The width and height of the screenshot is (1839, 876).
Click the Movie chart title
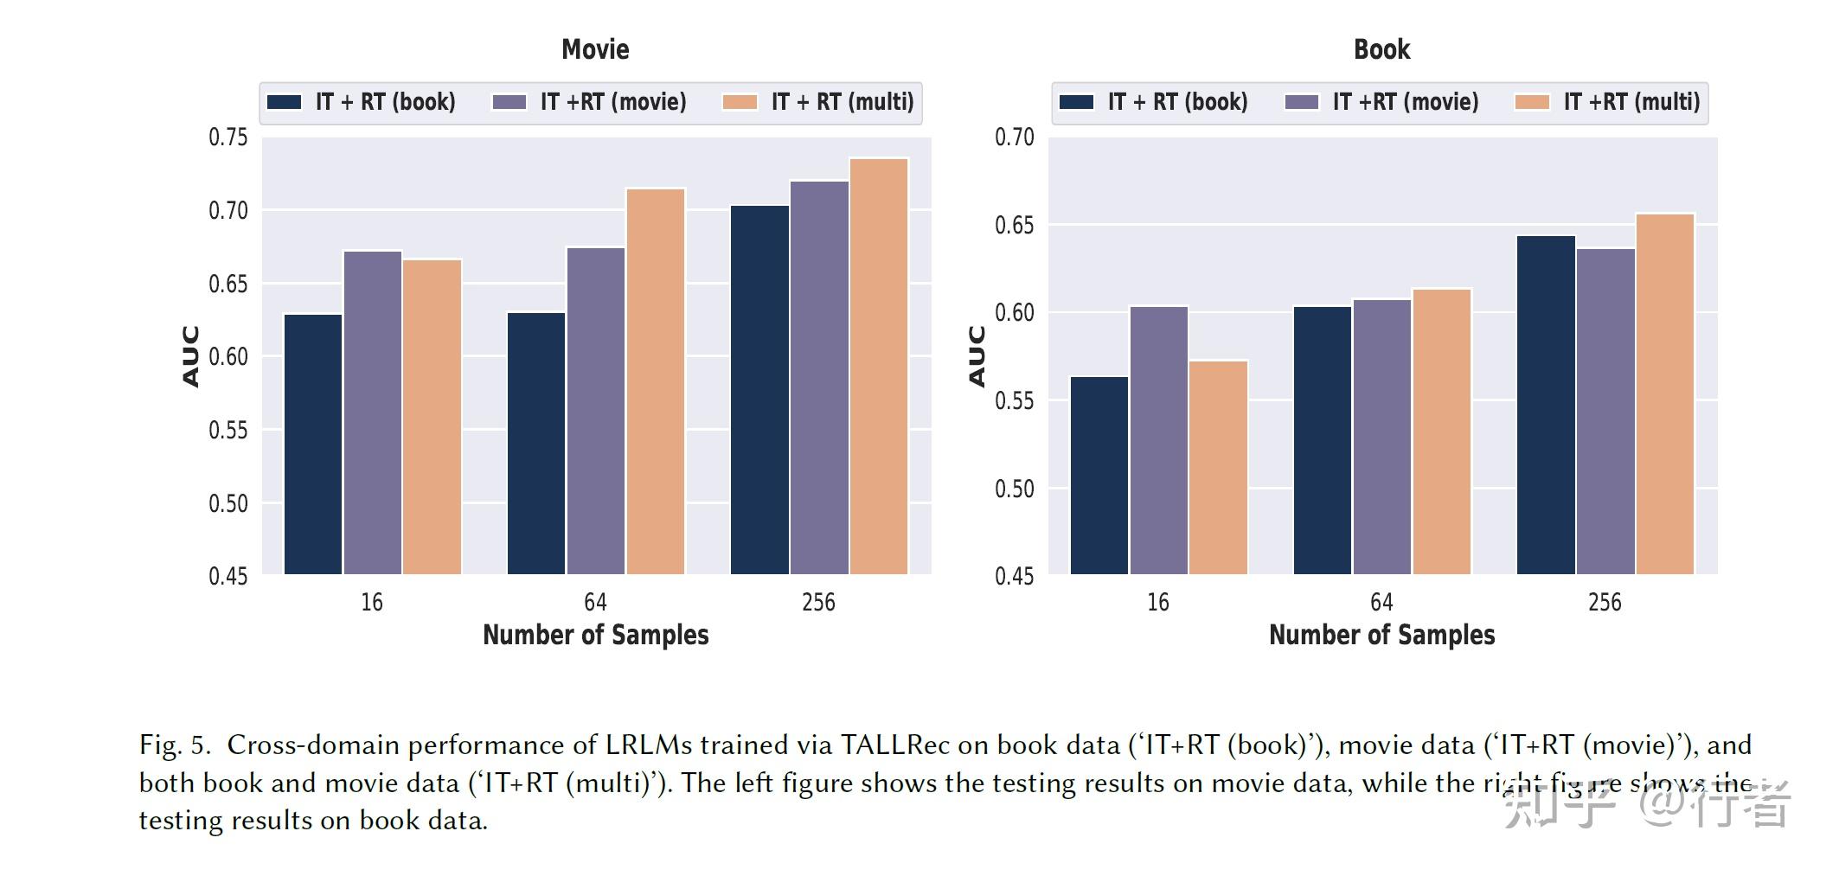coord(595,49)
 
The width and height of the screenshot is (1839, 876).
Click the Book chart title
coord(1381,49)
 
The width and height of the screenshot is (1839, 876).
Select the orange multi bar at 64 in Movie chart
coord(656,380)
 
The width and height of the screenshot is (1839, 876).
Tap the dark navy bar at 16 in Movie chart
coord(313,443)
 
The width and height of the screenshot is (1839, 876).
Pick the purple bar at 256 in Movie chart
coord(819,377)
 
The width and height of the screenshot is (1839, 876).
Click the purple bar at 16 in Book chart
coord(1159,439)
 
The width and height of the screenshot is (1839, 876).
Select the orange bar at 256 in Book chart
coord(1665,393)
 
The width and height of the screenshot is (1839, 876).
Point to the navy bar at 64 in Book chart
coord(1323,439)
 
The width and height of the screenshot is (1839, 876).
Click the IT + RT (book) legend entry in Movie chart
coord(362,102)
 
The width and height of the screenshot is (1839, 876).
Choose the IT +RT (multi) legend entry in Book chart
coord(1609,102)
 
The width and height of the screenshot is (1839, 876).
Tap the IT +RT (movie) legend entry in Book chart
coord(1382,102)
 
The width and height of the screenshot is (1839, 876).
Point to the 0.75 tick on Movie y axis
coord(227,137)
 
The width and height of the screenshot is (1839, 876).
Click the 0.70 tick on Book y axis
coord(1014,137)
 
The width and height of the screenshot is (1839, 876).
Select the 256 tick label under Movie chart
coord(818,602)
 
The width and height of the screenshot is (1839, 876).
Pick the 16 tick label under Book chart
coord(1158,602)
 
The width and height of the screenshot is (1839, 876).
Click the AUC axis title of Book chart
coord(977,355)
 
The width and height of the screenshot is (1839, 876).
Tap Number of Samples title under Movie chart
coord(595,635)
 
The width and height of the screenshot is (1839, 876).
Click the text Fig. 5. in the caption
coord(174,745)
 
